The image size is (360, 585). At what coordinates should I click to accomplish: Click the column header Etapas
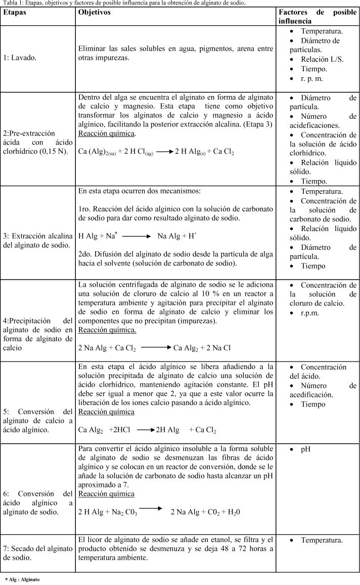point(15,12)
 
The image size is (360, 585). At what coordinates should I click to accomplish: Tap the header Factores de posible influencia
point(317,16)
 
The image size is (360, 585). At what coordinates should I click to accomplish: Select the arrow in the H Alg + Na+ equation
point(136,236)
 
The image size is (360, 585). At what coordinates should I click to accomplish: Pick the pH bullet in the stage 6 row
point(306,449)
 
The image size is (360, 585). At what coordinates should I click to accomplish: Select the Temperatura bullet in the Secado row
point(322,540)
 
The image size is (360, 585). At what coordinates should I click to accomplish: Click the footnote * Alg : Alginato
point(22,579)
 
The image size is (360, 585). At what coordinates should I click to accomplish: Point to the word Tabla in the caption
point(8,3)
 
